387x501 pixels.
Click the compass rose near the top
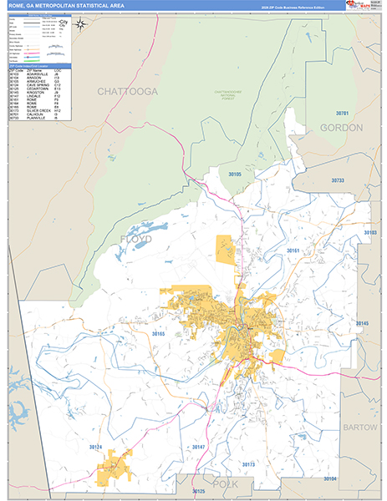80,24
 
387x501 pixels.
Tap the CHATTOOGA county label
127,91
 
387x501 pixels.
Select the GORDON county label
341,128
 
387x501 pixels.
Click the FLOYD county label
136,240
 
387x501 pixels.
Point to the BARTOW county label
359,427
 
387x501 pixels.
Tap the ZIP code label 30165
160,334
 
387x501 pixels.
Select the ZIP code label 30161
293,250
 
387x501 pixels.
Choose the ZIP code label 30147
198,448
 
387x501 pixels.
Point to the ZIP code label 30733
337,180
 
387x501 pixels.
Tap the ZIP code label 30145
361,322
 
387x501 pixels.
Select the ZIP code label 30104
328,478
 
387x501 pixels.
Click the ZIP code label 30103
370,233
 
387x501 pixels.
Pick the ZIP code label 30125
198,491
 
